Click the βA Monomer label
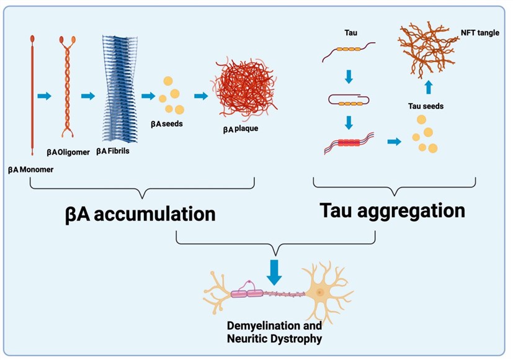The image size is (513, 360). pos(32,168)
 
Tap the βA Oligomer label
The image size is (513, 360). pos(68,151)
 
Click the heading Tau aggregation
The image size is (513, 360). pos(392,210)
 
